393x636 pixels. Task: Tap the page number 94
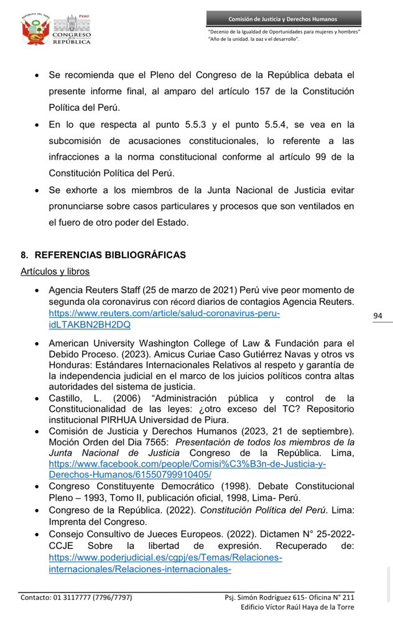tap(377, 316)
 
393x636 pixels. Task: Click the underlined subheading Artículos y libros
tap(55, 271)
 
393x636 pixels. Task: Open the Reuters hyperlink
tap(164, 319)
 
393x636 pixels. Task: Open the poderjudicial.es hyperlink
tap(165, 563)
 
